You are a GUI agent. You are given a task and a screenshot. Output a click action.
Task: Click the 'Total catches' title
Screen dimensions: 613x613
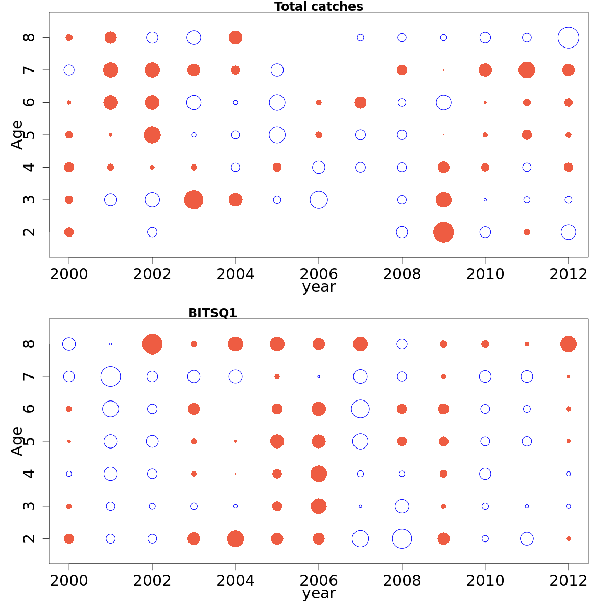coord(318,7)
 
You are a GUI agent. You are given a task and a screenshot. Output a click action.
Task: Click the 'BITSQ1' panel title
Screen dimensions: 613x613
coord(213,313)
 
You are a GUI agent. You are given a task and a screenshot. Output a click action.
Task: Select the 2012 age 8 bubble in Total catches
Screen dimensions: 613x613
coord(568,38)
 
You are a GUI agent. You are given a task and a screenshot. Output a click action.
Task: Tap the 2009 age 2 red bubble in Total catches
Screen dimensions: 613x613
coord(443,232)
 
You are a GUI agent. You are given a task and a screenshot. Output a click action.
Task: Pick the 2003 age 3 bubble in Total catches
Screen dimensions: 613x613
coord(194,200)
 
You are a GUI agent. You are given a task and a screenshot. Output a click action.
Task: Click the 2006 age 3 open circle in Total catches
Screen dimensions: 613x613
coord(319,200)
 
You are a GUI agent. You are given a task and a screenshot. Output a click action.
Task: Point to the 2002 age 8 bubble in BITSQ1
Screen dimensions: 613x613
coord(152,344)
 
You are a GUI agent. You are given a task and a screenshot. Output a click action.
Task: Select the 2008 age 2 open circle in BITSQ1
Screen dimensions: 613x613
coord(402,538)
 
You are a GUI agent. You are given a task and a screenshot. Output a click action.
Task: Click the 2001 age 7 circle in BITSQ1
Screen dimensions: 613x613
coord(110,376)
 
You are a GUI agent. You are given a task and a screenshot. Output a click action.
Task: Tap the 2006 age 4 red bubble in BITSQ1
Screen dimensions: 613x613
coord(319,474)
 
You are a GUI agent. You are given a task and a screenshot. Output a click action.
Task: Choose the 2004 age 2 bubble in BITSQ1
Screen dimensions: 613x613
coord(235,538)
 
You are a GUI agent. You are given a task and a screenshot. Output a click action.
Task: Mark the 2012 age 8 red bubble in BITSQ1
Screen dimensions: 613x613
coord(568,344)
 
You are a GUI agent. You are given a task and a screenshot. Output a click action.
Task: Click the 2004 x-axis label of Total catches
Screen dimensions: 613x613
coord(235,274)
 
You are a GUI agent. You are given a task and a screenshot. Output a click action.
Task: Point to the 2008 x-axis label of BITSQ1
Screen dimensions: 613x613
coord(402,581)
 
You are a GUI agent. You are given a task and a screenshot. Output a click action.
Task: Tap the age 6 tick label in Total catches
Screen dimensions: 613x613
coord(30,102)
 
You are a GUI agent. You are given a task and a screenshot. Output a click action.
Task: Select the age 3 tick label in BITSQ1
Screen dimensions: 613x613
coord(30,506)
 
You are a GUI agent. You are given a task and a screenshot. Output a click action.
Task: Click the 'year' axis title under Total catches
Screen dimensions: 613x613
coord(319,287)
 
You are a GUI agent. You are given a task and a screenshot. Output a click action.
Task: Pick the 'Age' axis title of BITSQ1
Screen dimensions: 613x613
coord(17,441)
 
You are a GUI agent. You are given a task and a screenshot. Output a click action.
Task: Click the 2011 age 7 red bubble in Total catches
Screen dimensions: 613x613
coord(527,70)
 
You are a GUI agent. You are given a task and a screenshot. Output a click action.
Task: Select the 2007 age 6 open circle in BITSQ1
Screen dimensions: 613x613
coord(360,409)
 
